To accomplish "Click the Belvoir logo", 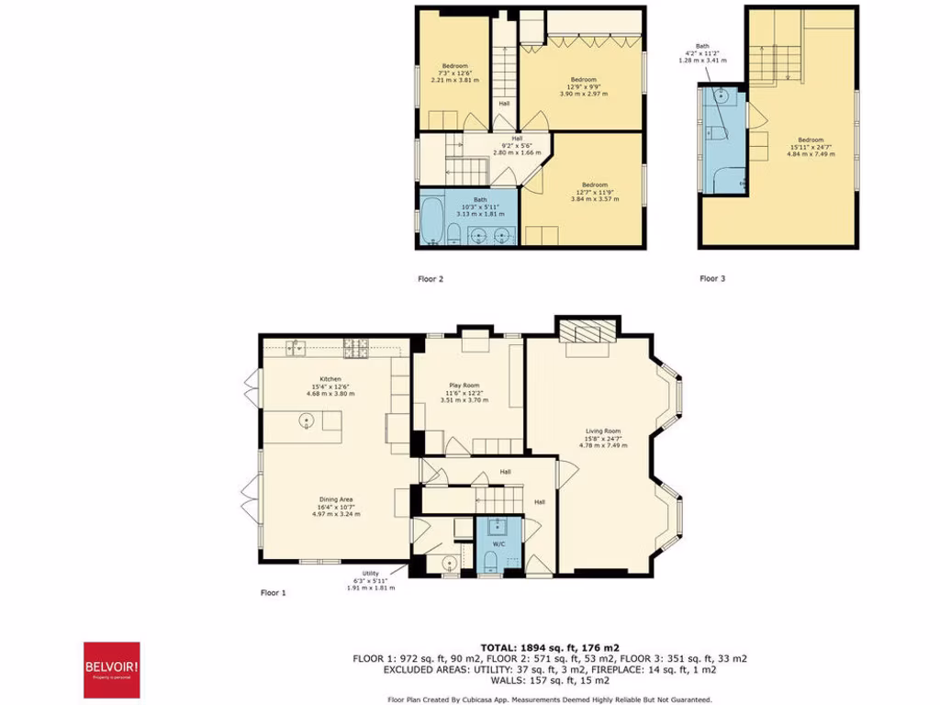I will [x=112, y=669].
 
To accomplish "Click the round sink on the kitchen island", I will [x=307, y=421].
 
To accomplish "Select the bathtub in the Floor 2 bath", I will [x=431, y=218].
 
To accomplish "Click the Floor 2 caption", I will [x=431, y=278].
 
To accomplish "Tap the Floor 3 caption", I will [x=712, y=278].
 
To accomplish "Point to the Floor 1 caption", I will [x=274, y=593].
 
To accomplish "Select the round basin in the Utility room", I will [x=451, y=563].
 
